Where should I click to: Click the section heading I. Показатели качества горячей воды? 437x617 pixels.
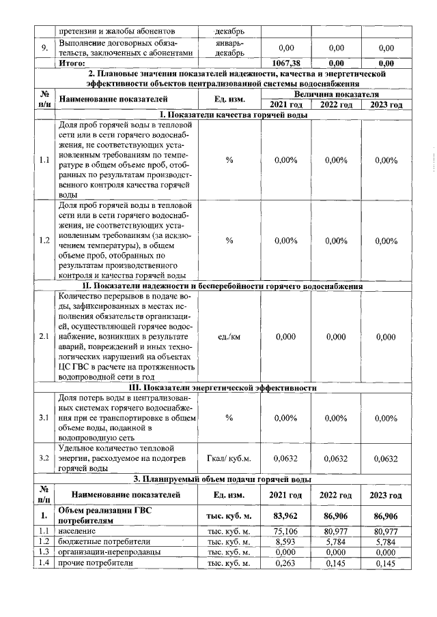[x=232, y=115]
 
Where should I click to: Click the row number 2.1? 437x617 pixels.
[x=44, y=337]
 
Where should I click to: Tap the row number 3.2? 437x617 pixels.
[x=44, y=459]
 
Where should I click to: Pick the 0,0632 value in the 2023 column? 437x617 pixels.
[x=386, y=459]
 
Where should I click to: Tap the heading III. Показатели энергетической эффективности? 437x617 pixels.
[x=232, y=387]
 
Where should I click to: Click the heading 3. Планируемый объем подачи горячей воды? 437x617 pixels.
[x=232, y=479]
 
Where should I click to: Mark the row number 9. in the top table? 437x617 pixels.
[x=44, y=48]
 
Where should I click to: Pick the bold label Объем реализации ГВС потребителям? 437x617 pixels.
[x=102, y=515]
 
